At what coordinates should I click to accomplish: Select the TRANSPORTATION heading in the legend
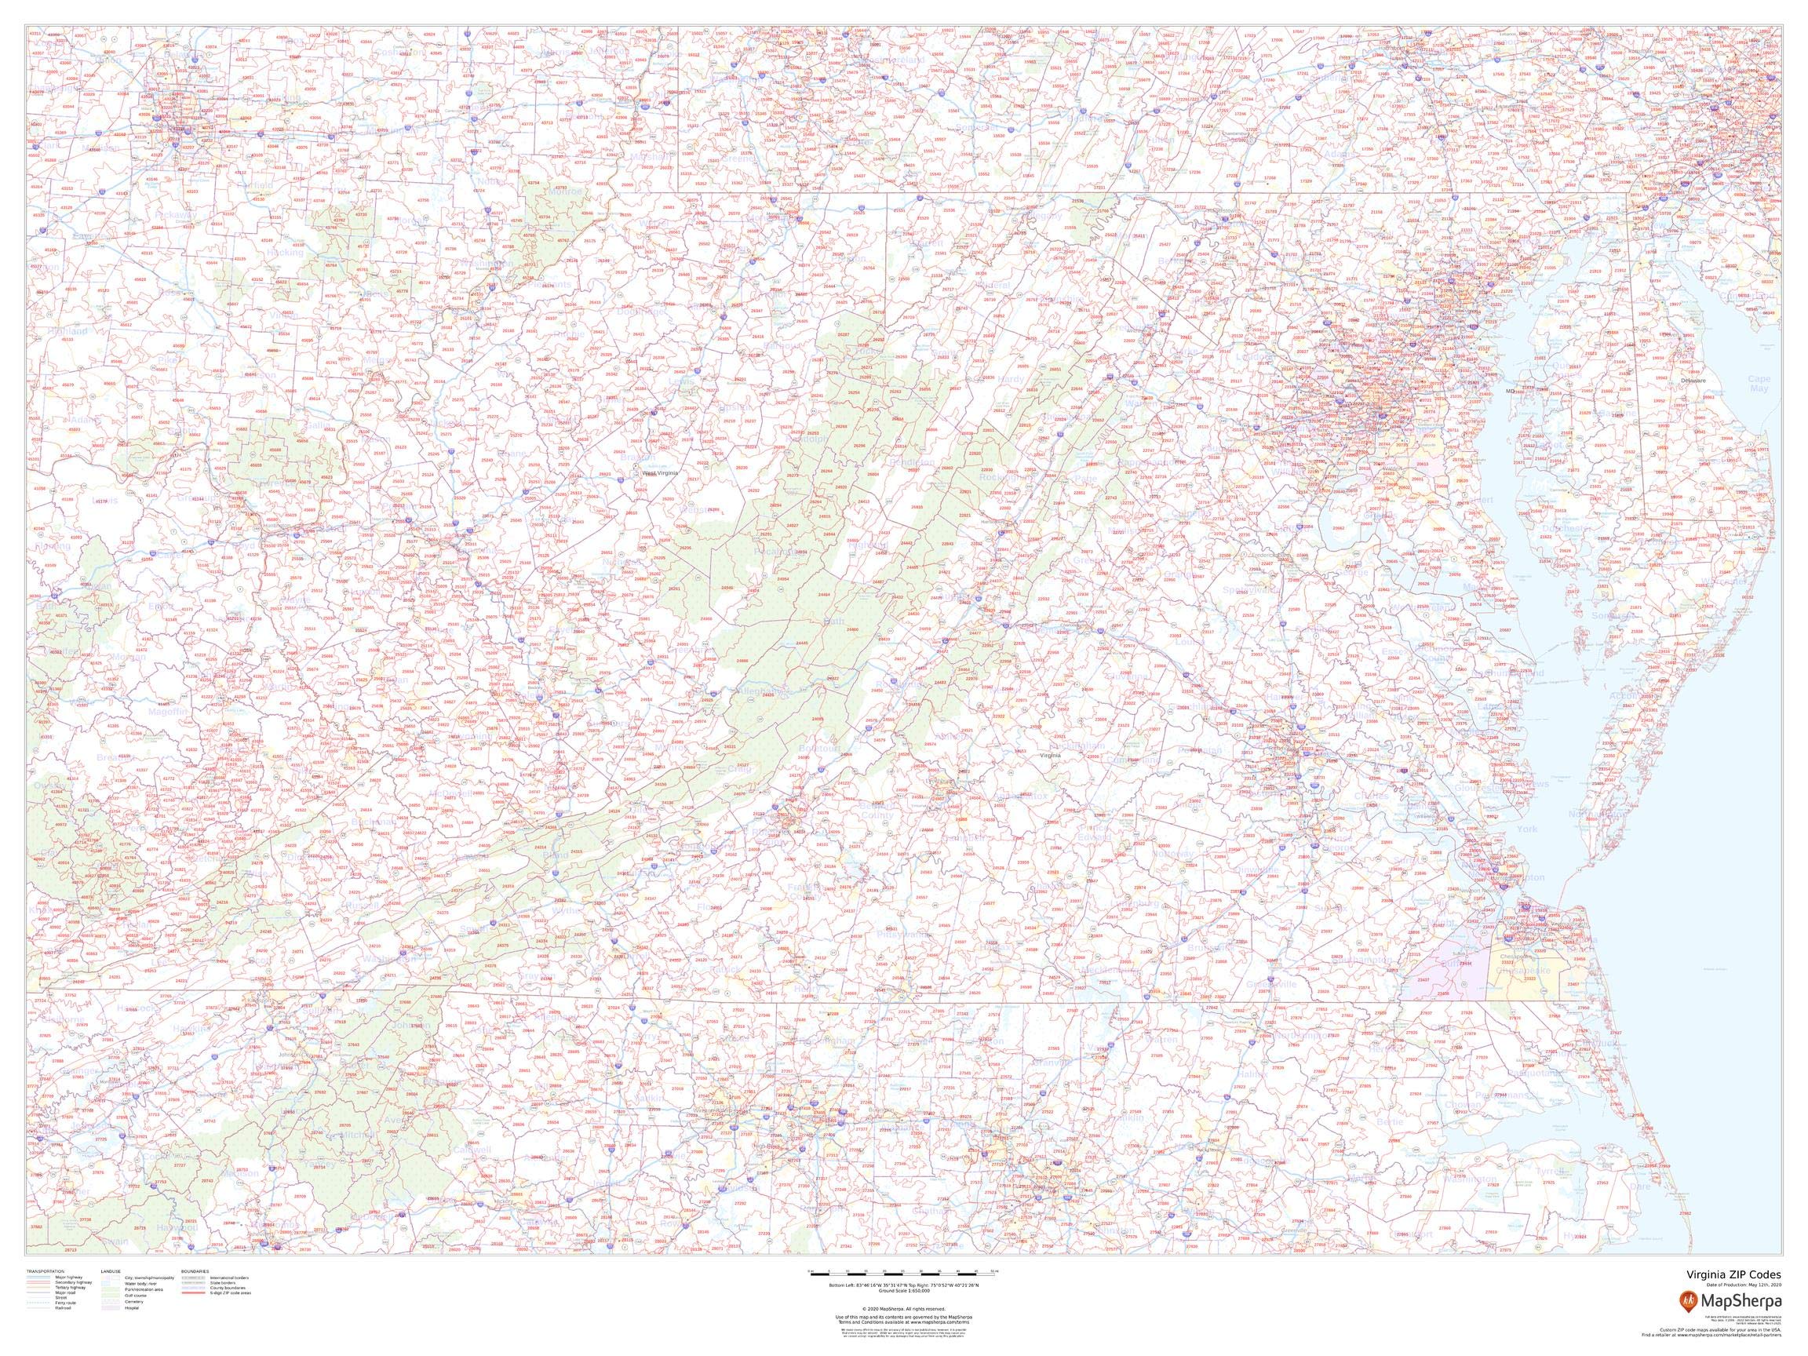click(45, 1272)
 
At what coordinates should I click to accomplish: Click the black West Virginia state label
click(661, 473)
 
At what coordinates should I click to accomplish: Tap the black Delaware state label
click(1693, 381)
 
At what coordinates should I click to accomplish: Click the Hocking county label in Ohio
click(284, 253)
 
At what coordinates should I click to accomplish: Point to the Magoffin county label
click(169, 712)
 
